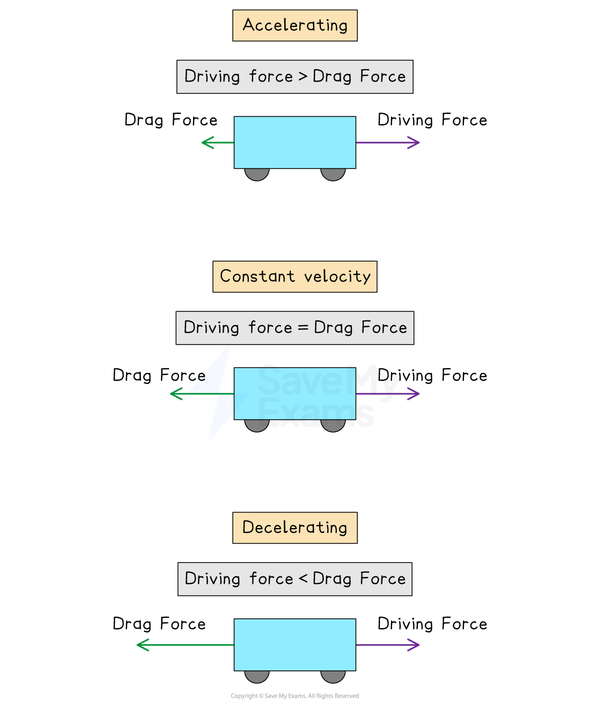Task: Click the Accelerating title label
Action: [x=294, y=25]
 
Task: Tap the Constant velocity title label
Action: [x=294, y=276]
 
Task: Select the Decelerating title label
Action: [x=294, y=528]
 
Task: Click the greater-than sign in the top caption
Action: [x=303, y=77]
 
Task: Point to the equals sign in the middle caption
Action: [x=303, y=328]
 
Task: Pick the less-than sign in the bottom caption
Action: [x=303, y=579]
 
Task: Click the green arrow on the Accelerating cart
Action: [x=217, y=143]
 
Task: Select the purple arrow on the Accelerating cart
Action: [x=388, y=143]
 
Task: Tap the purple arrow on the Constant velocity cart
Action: [x=388, y=394]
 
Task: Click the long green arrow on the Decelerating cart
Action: [x=185, y=645]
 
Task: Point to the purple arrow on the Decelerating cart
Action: [x=388, y=645]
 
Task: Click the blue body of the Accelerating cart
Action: [x=294, y=142]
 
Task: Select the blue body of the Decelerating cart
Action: [x=294, y=645]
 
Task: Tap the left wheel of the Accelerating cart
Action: [x=257, y=174]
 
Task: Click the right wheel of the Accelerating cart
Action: [x=333, y=174]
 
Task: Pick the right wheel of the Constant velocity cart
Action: [x=333, y=425]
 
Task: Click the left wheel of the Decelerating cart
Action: [x=257, y=676]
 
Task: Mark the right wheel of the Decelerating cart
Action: [x=333, y=676]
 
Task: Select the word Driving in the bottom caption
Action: [x=212, y=579]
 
